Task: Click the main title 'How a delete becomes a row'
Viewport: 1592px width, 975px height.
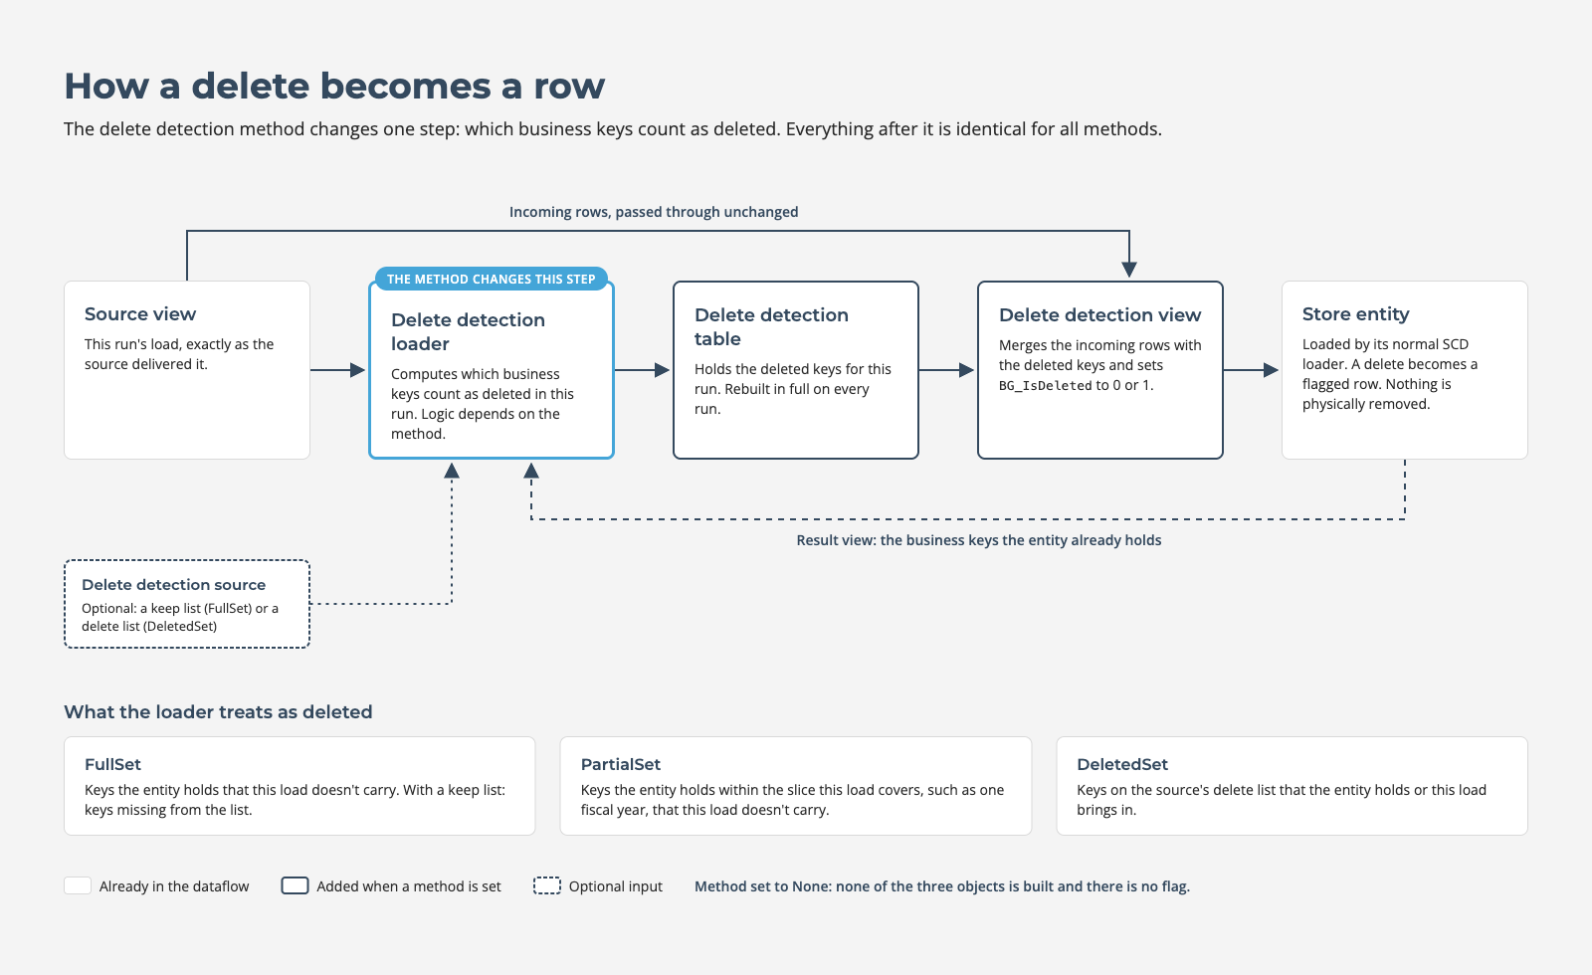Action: (x=334, y=86)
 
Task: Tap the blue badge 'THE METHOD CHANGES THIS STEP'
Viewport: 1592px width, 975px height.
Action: (x=492, y=279)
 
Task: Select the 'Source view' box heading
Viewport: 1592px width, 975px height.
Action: (x=140, y=314)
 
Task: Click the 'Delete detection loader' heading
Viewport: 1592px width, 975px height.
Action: (x=468, y=332)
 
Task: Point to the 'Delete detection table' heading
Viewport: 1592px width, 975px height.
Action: (x=771, y=327)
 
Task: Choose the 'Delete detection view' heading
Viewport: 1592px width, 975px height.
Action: (x=1100, y=314)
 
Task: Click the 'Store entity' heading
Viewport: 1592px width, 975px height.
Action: (x=1355, y=314)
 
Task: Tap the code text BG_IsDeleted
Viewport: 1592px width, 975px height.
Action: (x=1045, y=386)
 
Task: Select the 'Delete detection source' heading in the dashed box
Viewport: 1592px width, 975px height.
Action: (x=173, y=585)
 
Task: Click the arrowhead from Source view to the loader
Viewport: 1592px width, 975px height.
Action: (x=357, y=370)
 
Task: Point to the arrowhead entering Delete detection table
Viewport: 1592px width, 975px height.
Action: (x=662, y=370)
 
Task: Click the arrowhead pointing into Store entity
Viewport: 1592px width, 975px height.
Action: (x=1271, y=370)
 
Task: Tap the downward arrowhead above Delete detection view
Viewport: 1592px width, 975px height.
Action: (x=1129, y=270)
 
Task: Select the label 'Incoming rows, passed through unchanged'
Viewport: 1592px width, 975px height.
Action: (x=654, y=212)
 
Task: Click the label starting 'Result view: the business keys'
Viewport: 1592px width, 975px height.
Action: (x=979, y=540)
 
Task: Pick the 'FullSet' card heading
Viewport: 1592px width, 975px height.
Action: (x=112, y=765)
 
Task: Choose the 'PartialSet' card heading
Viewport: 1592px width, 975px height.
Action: (x=621, y=765)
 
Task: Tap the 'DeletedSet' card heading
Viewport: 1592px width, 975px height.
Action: (x=1122, y=765)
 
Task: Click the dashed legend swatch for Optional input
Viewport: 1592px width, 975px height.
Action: (x=547, y=885)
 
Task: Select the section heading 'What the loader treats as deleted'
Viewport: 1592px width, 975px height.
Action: (x=218, y=712)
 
